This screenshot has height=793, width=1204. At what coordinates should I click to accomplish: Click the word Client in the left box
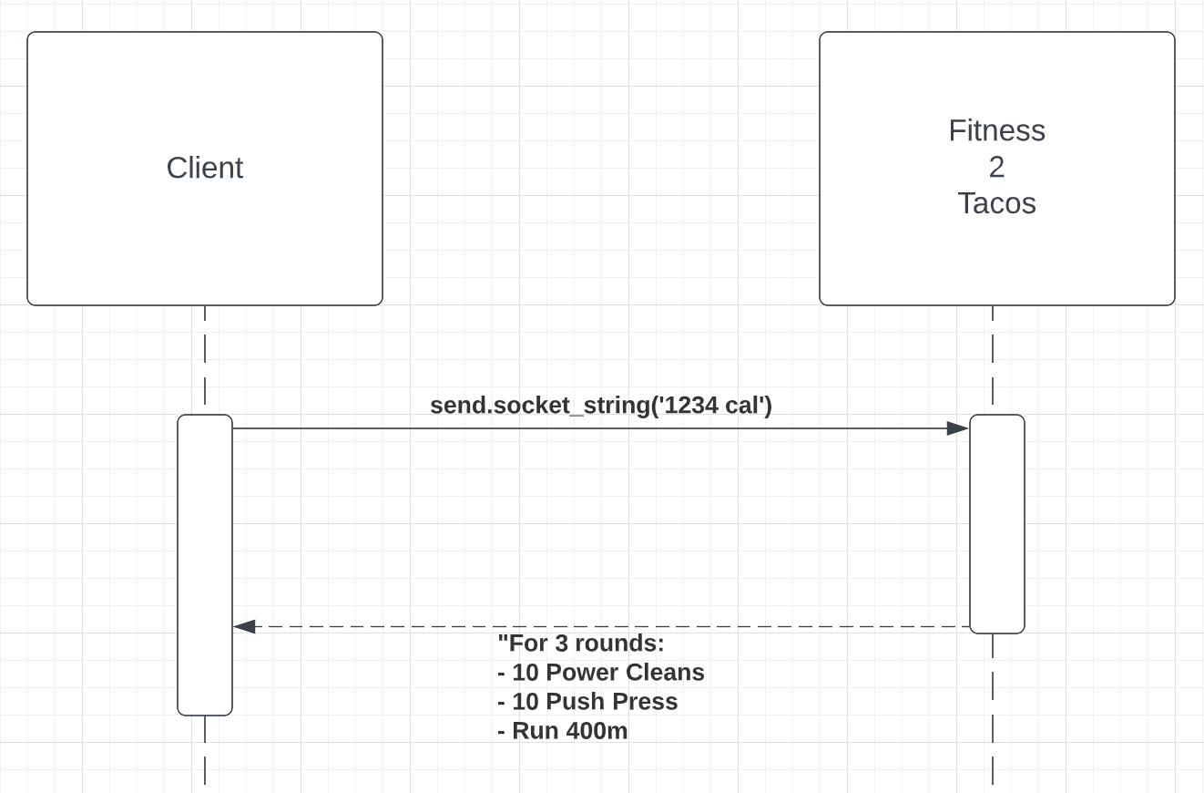tap(204, 168)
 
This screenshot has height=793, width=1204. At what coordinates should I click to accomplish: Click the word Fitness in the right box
tap(996, 130)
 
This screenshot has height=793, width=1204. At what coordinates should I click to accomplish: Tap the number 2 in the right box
tap(996, 167)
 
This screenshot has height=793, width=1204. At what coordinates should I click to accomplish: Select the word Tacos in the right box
tap(996, 203)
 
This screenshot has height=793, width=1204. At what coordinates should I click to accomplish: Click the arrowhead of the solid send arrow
tap(958, 428)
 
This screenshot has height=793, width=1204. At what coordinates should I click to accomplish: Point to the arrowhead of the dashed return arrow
tap(243, 626)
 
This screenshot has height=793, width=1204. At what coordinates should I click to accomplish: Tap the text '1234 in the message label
tap(688, 405)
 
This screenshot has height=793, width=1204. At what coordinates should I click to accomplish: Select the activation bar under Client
tap(205, 565)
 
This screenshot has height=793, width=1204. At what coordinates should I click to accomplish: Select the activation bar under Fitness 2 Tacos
tap(996, 524)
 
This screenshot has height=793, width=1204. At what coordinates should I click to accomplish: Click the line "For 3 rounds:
tap(581, 644)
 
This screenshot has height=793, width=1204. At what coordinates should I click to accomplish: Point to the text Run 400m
tap(569, 731)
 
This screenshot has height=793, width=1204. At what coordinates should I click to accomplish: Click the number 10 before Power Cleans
tap(525, 673)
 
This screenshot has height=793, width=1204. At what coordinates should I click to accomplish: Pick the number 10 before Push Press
tap(525, 702)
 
